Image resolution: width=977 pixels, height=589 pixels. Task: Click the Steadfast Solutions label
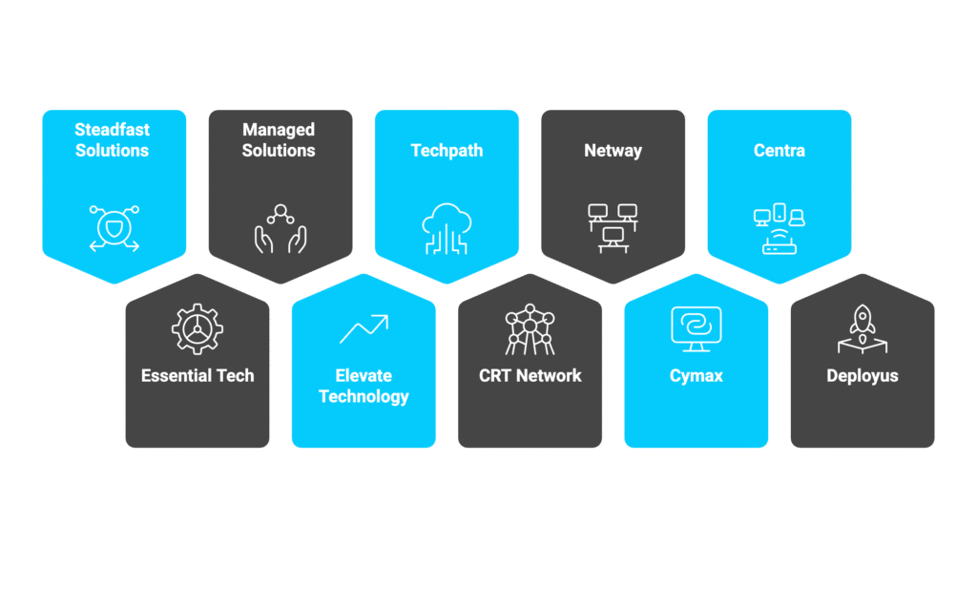[113, 140]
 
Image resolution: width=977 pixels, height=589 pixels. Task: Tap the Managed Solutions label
[279, 140]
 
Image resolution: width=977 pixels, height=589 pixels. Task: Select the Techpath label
[447, 151]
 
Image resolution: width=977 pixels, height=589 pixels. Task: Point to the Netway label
[613, 151]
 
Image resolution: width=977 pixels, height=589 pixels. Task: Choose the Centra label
[779, 151]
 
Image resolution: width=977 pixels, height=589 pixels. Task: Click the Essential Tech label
[197, 376]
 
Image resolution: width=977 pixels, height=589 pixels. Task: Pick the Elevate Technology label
[364, 386]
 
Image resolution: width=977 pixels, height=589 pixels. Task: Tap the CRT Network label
[530, 376]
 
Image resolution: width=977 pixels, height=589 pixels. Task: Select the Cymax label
[696, 376]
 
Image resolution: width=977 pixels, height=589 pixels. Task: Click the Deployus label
[863, 376]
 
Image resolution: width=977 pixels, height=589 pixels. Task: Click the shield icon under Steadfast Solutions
[114, 228]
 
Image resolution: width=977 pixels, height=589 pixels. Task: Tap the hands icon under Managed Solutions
[280, 229]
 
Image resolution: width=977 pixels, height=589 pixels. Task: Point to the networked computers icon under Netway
[613, 228]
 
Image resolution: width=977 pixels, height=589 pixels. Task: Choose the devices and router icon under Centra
[779, 229]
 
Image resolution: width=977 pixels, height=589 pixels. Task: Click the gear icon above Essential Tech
[197, 329]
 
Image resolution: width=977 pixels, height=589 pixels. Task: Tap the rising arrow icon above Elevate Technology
[364, 328]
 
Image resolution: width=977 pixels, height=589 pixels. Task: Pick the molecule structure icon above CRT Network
[530, 329]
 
